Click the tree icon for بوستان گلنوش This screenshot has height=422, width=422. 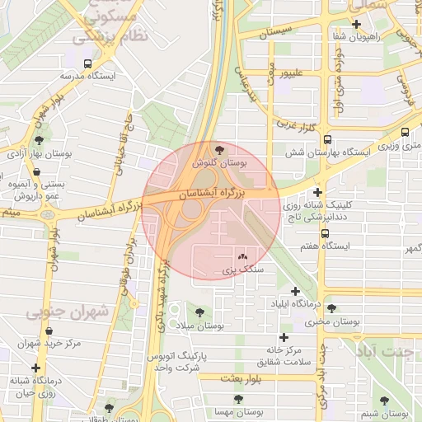click(x=218, y=149)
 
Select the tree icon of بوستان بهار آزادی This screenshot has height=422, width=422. click(x=38, y=139)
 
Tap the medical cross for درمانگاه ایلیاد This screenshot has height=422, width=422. click(x=296, y=291)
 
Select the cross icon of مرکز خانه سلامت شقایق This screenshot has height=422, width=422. click(x=284, y=337)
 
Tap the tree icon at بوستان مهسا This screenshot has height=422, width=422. click(x=238, y=398)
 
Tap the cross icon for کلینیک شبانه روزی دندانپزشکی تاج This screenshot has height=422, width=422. click(x=317, y=192)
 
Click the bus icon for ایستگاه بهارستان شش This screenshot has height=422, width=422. click(x=327, y=139)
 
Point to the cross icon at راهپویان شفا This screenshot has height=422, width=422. click(x=355, y=25)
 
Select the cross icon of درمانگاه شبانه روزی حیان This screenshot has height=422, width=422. click(x=14, y=380)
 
